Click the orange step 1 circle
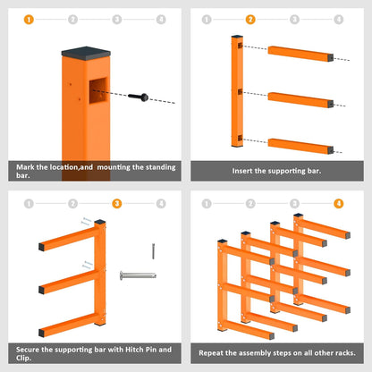[x=29, y=20]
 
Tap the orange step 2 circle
[x=250, y=20]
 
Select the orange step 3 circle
[x=117, y=204]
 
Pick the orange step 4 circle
[x=339, y=204]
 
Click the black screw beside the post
[x=139, y=97]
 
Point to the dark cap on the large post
[x=86, y=54]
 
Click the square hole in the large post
[x=98, y=90]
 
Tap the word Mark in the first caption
[x=25, y=167]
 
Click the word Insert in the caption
[x=242, y=171]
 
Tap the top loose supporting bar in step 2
[x=300, y=54]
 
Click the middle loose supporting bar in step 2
[x=300, y=100]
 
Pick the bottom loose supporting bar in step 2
[x=300, y=146]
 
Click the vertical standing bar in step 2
[x=237, y=91]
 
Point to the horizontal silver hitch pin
[x=138, y=275]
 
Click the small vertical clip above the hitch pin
[x=153, y=251]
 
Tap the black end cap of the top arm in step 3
[x=41, y=247]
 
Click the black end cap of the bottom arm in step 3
[x=41, y=334]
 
